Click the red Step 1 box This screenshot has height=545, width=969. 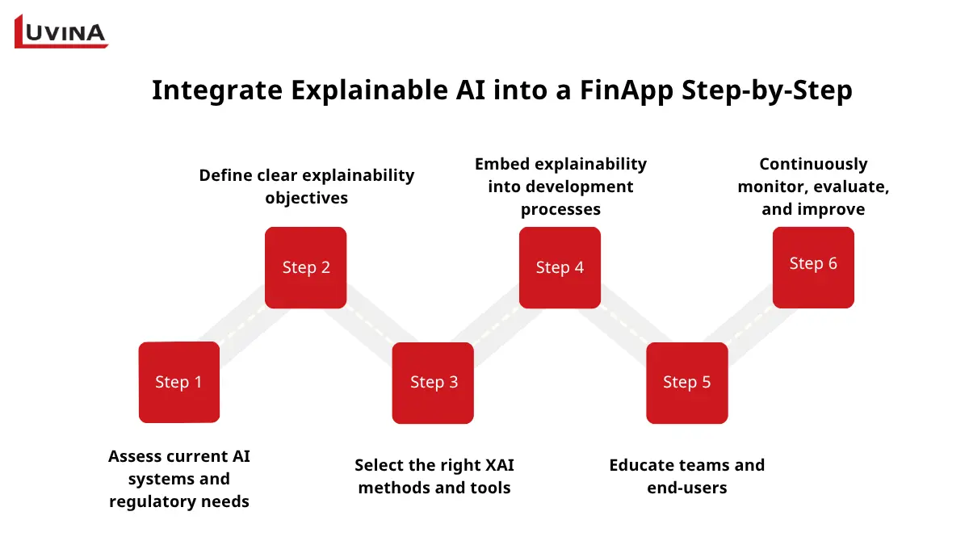point(178,382)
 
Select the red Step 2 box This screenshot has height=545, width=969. point(306,267)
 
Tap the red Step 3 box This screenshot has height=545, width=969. point(433,383)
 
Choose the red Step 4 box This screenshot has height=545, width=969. point(560,267)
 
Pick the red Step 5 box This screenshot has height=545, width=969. point(686,383)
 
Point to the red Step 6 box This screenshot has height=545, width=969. point(813,267)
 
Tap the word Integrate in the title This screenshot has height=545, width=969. point(216,90)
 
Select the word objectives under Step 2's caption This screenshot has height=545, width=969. point(307,198)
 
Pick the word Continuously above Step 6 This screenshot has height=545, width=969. point(813,164)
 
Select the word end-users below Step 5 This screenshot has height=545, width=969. point(686,488)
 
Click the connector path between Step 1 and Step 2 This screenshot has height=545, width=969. point(242,325)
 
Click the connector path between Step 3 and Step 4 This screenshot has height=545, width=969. point(496,325)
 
